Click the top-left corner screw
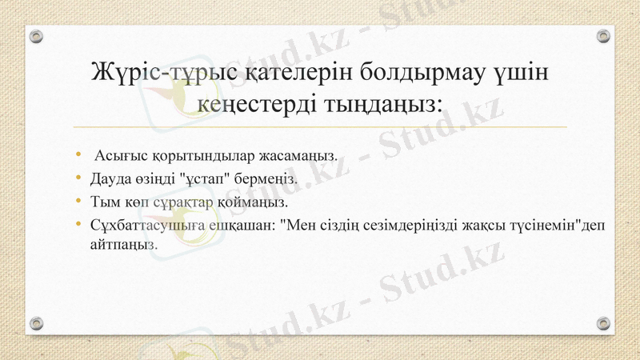(x=36, y=36)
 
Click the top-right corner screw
(x=604, y=36)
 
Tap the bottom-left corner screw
(x=36, y=322)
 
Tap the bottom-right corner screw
(x=604, y=322)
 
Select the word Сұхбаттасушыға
(x=141, y=224)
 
